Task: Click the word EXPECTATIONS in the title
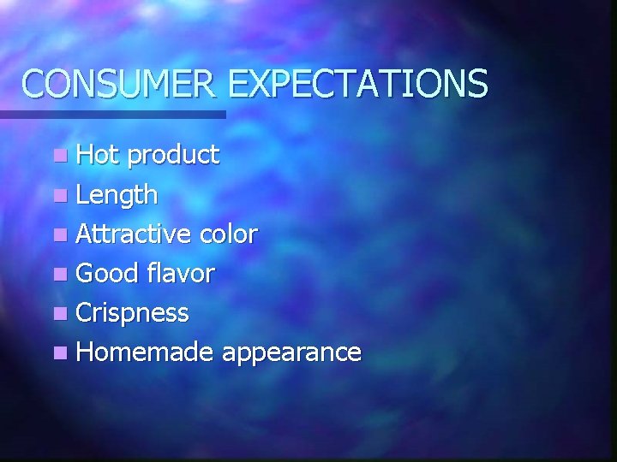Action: pos(358,84)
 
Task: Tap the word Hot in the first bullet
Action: pos(98,155)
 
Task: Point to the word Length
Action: pos(117,195)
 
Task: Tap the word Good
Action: pos(107,273)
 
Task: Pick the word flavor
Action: pos(180,273)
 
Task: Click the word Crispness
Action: pos(132,313)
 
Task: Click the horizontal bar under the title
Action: pos(111,114)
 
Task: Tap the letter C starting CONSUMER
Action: pos(33,84)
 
